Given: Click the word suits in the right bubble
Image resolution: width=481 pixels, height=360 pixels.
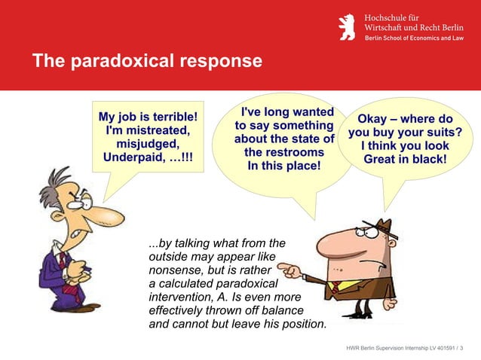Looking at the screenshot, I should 434,133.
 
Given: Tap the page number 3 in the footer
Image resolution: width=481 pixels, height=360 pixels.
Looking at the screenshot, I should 461,347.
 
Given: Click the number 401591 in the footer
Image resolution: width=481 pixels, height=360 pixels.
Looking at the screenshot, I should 436,347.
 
